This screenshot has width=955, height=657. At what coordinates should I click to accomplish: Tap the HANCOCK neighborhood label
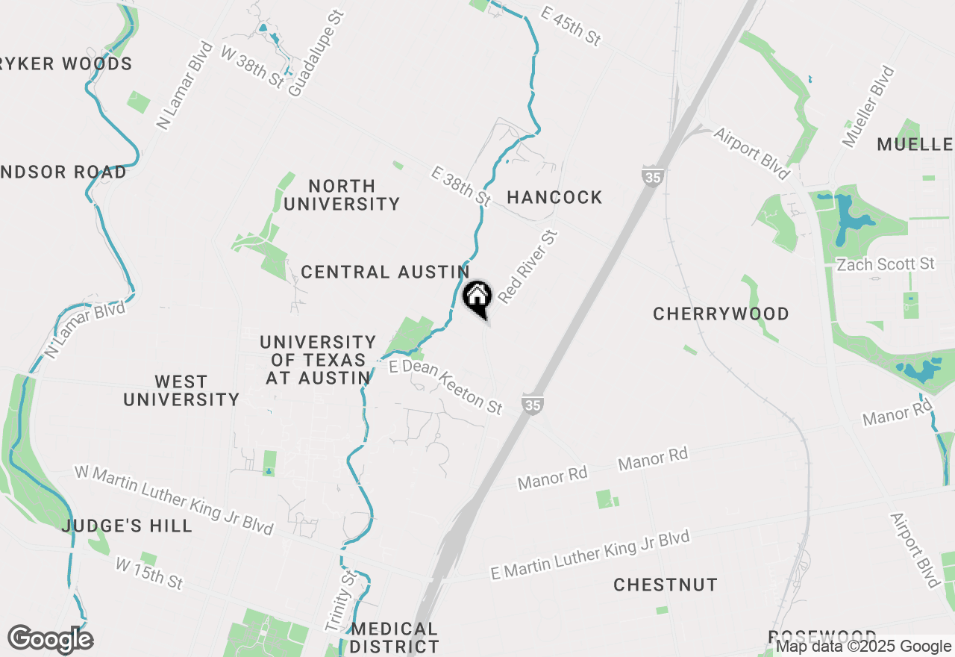[x=554, y=197]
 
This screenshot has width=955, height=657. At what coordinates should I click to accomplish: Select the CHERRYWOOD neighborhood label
[x=721, y=314]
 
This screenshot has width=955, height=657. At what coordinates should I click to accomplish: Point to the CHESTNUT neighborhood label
[x=666, y=585]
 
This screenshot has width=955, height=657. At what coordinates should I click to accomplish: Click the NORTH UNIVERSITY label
[x=342, y=195]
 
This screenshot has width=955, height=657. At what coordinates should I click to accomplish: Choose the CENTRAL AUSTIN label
[x=385, y=272]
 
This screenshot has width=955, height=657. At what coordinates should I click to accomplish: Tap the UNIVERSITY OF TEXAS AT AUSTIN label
[x=318, y=360]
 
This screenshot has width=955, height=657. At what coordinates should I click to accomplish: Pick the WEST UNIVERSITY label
[x=181, y=390]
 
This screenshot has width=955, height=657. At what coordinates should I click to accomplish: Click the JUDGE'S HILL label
[x=127, y=526]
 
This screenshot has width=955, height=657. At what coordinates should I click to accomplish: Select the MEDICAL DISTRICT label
[x=395, y=638]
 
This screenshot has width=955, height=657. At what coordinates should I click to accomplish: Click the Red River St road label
[x=528, y=267]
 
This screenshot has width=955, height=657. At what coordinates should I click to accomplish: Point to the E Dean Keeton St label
[x=446, y=387]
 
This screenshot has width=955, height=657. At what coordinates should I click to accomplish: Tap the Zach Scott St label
[x=886, y=264]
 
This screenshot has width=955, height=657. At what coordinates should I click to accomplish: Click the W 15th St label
[x=149, y=573]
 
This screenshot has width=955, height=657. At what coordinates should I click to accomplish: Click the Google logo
[x=50, y=639]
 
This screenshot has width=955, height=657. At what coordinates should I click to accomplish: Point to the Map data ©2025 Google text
[x=863, y=647]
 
